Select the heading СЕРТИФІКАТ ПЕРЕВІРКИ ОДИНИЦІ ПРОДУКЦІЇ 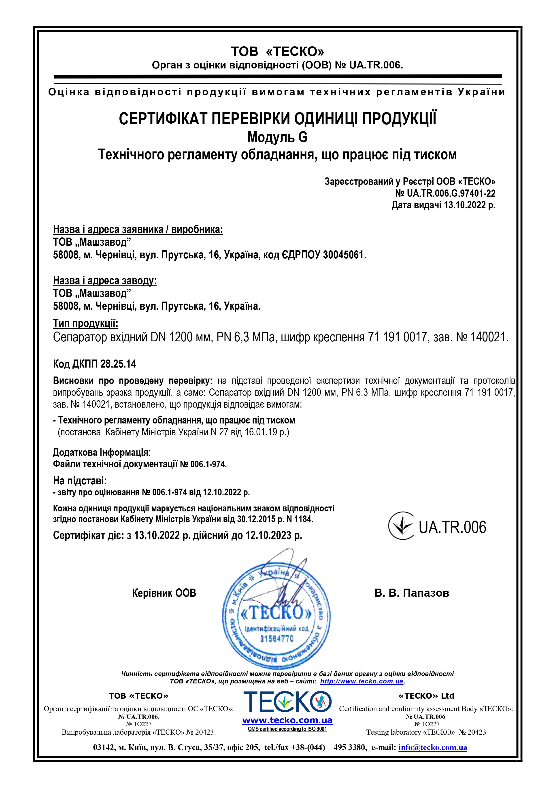tap(277, 119)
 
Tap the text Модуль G tap(277, 137)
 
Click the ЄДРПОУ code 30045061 tap(344, 255)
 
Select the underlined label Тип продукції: tap(85, 323)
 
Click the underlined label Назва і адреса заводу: tap(105, 281)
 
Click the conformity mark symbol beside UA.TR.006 tap(401, 526)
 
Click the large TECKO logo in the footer tap(287, 702)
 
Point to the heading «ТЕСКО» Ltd tap(426, 696)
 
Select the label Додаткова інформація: tap(102, 453)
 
